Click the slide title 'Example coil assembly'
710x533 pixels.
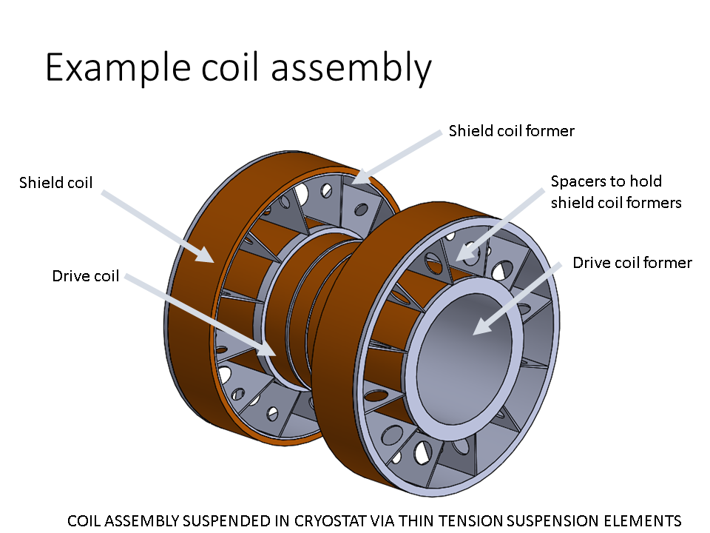(x=238, y=68)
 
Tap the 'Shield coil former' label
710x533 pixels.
(x=511, y=131)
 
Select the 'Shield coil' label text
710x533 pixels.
(x=56, y=182)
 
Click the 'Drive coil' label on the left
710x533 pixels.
(x=85, y=276)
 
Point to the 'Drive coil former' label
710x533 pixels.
(x=632, y=263)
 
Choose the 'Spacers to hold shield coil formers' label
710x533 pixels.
(x=615, y=192)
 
